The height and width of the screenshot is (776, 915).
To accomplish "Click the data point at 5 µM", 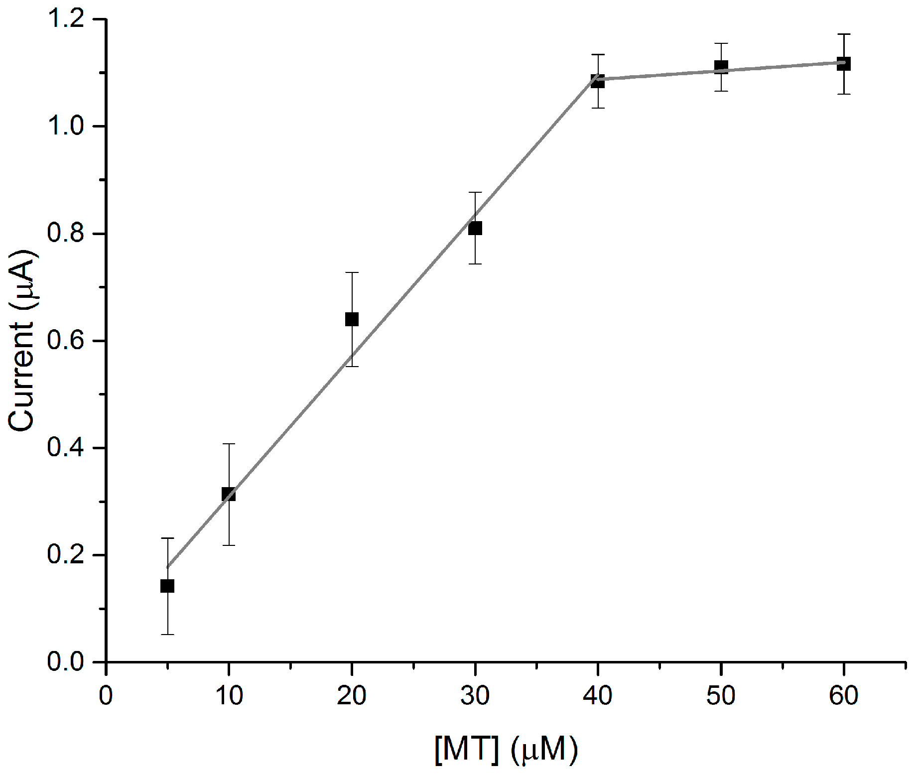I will pos(167,586).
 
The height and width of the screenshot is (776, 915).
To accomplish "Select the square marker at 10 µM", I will pos(229,495).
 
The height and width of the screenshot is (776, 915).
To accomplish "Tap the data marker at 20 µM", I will pos(352,319).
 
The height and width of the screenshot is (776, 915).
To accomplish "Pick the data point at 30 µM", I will pos(475,229).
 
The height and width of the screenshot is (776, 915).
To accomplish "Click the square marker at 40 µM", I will pos(598,81).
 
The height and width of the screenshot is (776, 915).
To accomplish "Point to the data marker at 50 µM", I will pos(721,66).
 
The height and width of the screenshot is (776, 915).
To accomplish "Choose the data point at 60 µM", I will pos(844,64).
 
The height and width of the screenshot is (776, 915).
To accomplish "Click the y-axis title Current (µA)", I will pos(22,340).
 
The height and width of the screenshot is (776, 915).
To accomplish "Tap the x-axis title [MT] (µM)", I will pos(506,749).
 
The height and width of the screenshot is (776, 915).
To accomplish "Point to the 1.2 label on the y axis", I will pos(66,19).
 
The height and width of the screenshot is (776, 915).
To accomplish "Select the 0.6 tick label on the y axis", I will pos(66,341).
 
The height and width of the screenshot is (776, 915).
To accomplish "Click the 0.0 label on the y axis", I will pos(66,662).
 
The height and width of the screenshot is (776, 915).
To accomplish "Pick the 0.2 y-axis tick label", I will pos(66,554).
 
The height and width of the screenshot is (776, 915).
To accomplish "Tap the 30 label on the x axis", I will pos(475,695).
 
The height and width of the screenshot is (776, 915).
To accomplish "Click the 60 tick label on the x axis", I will pos(843,695).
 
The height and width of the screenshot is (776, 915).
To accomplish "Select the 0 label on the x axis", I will pos(106,695).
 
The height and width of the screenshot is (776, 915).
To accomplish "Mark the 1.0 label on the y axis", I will pos(66,126).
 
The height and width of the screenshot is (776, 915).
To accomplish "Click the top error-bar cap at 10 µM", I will pos(229,444).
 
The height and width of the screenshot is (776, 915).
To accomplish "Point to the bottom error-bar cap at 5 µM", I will pos(167,635).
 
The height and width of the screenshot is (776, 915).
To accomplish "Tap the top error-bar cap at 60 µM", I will pos(844,34).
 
